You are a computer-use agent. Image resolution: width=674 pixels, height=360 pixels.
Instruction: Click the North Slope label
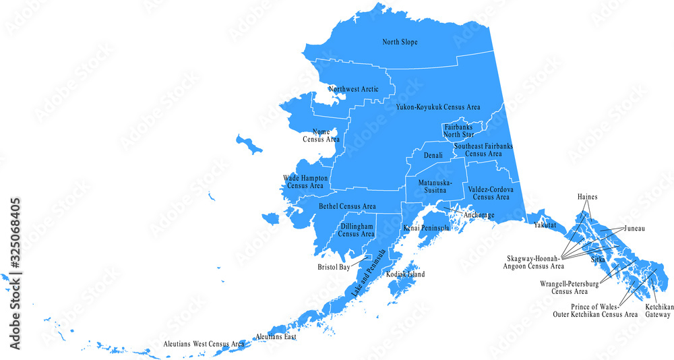(400, 42)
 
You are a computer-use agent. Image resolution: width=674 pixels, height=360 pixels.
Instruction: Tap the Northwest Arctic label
(353, 89)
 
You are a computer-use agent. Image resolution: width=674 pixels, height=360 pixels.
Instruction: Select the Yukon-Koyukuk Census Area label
(437, 107)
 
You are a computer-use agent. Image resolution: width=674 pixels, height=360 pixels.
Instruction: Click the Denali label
(433, 156)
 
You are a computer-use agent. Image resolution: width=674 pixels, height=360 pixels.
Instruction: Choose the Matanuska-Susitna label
(435, 187)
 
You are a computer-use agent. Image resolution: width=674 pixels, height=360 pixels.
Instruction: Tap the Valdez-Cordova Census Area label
(491, 193)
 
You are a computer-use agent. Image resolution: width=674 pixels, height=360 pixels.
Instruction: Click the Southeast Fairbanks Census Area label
(483, 150)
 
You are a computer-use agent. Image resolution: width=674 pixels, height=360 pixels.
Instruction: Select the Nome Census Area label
(321, 136)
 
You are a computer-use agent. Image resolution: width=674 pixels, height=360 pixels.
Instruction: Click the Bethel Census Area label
(347, 206)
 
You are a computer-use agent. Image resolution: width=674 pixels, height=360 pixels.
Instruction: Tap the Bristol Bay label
(334, 267)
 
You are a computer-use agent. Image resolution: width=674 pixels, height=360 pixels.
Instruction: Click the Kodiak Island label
(406, 275)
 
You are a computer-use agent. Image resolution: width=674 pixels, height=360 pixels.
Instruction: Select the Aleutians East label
(276, 336)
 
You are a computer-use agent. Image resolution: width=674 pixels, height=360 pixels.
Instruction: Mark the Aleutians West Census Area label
(204, 344)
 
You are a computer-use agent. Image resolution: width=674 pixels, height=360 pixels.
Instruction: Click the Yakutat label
(544, 225)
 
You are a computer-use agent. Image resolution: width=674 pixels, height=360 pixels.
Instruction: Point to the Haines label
(588, 197)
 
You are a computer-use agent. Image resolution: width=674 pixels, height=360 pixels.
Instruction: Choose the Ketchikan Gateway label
(658, 310)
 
